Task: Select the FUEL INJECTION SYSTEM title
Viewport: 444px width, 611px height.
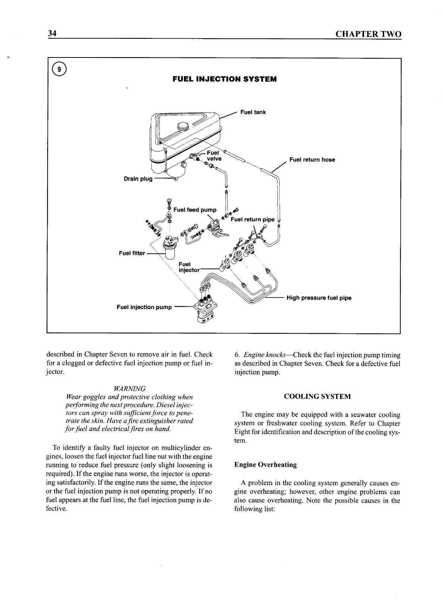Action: point(224,80)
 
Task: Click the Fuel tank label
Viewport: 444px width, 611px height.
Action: point(253,112)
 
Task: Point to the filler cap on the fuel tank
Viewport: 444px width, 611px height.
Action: point(184,125)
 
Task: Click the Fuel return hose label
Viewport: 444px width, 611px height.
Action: point(312,160)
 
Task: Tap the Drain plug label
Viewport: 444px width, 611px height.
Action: point(138,179)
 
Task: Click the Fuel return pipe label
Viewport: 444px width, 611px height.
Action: point(252,219)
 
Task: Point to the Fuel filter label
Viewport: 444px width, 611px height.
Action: point(131,253)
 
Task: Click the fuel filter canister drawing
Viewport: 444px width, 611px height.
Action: point(171,252)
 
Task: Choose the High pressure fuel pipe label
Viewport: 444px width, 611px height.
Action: point(319,298)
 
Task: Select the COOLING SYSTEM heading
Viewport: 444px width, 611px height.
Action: point(317,396)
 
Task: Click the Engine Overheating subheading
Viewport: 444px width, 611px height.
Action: point(265,465)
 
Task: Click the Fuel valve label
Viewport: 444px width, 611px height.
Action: point(214,156)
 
